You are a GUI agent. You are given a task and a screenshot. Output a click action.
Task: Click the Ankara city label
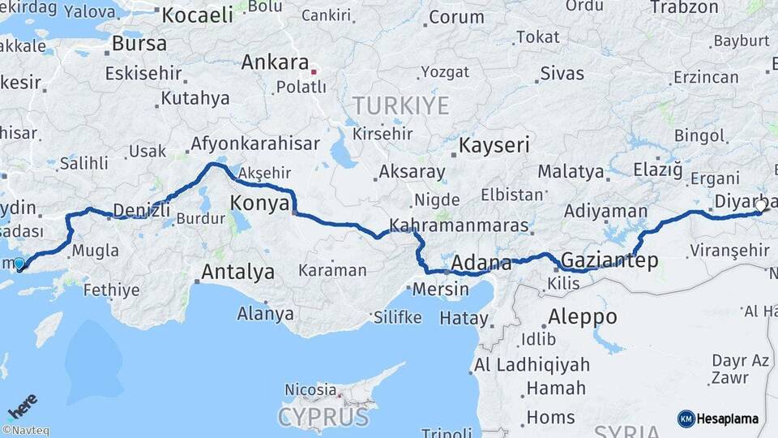pyautogui.click(x=276, y=62)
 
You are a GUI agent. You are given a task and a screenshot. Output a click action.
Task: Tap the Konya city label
pyautogui.click(x=260, y=203)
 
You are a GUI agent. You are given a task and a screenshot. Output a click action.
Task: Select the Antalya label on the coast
pyautogui.click(x=237, y=272)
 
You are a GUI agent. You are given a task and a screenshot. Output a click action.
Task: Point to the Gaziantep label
pyautogui.click(x=609, y=260)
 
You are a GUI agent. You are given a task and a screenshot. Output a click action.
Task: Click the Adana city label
pyautogui.click(x=481, y=264)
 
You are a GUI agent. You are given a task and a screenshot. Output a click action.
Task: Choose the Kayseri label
pyautogui.click(x=494, y=146)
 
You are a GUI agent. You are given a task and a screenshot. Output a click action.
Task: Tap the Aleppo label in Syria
pyautogui.click(x=582, y=316)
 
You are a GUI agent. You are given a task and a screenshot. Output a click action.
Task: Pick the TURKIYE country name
pyautogui.click(x=400, y=105)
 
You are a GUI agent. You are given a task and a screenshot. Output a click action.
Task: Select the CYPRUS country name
pyautogui.click(x=323, y=417)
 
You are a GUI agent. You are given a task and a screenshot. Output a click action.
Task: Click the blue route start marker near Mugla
pyautogui.click(x=19, y=263)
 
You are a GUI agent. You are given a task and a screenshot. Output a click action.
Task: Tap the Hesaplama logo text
pyautogui.click(x=728, y=419)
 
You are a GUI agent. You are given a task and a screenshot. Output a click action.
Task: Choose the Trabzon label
pyautogui.click(x=684, y=7)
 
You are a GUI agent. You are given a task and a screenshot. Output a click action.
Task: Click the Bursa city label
pyautogui.click(x=139, y=43)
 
